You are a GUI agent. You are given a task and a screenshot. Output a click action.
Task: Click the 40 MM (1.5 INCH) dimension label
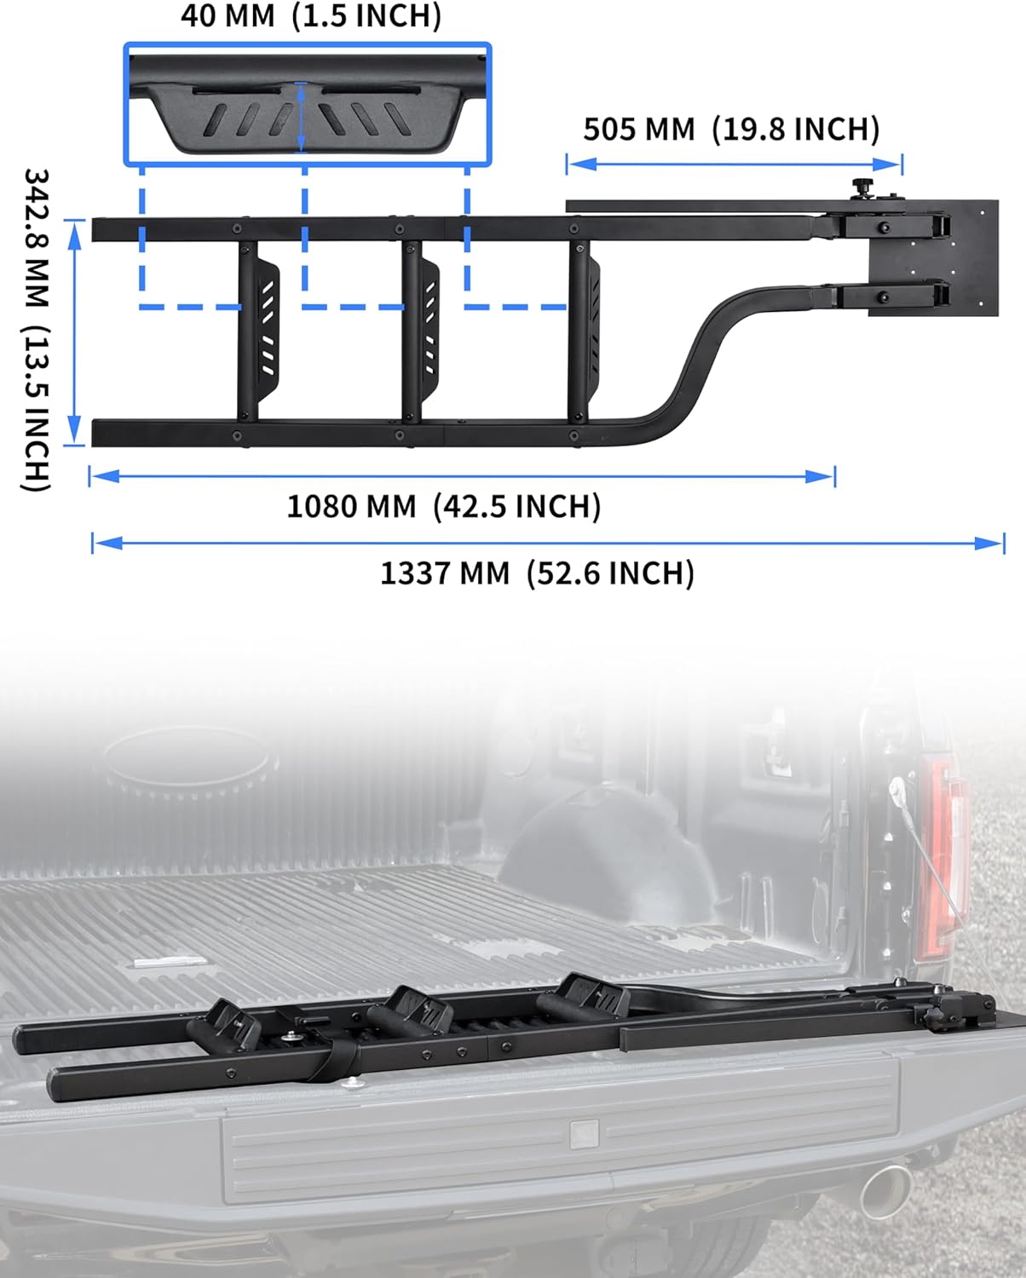[x=311, y=16]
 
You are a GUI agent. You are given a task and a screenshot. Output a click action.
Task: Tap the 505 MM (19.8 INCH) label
[x=731, y=130]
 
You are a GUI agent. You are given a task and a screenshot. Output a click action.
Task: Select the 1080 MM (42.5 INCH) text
[x=443, y=506]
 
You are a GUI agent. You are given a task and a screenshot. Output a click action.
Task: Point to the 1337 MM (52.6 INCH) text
[x=537, y=573]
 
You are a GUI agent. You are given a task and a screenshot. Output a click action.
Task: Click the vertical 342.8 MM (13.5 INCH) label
[x=36, y=330]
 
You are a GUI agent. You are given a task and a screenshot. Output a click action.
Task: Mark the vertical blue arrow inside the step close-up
[x=301, y=117]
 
